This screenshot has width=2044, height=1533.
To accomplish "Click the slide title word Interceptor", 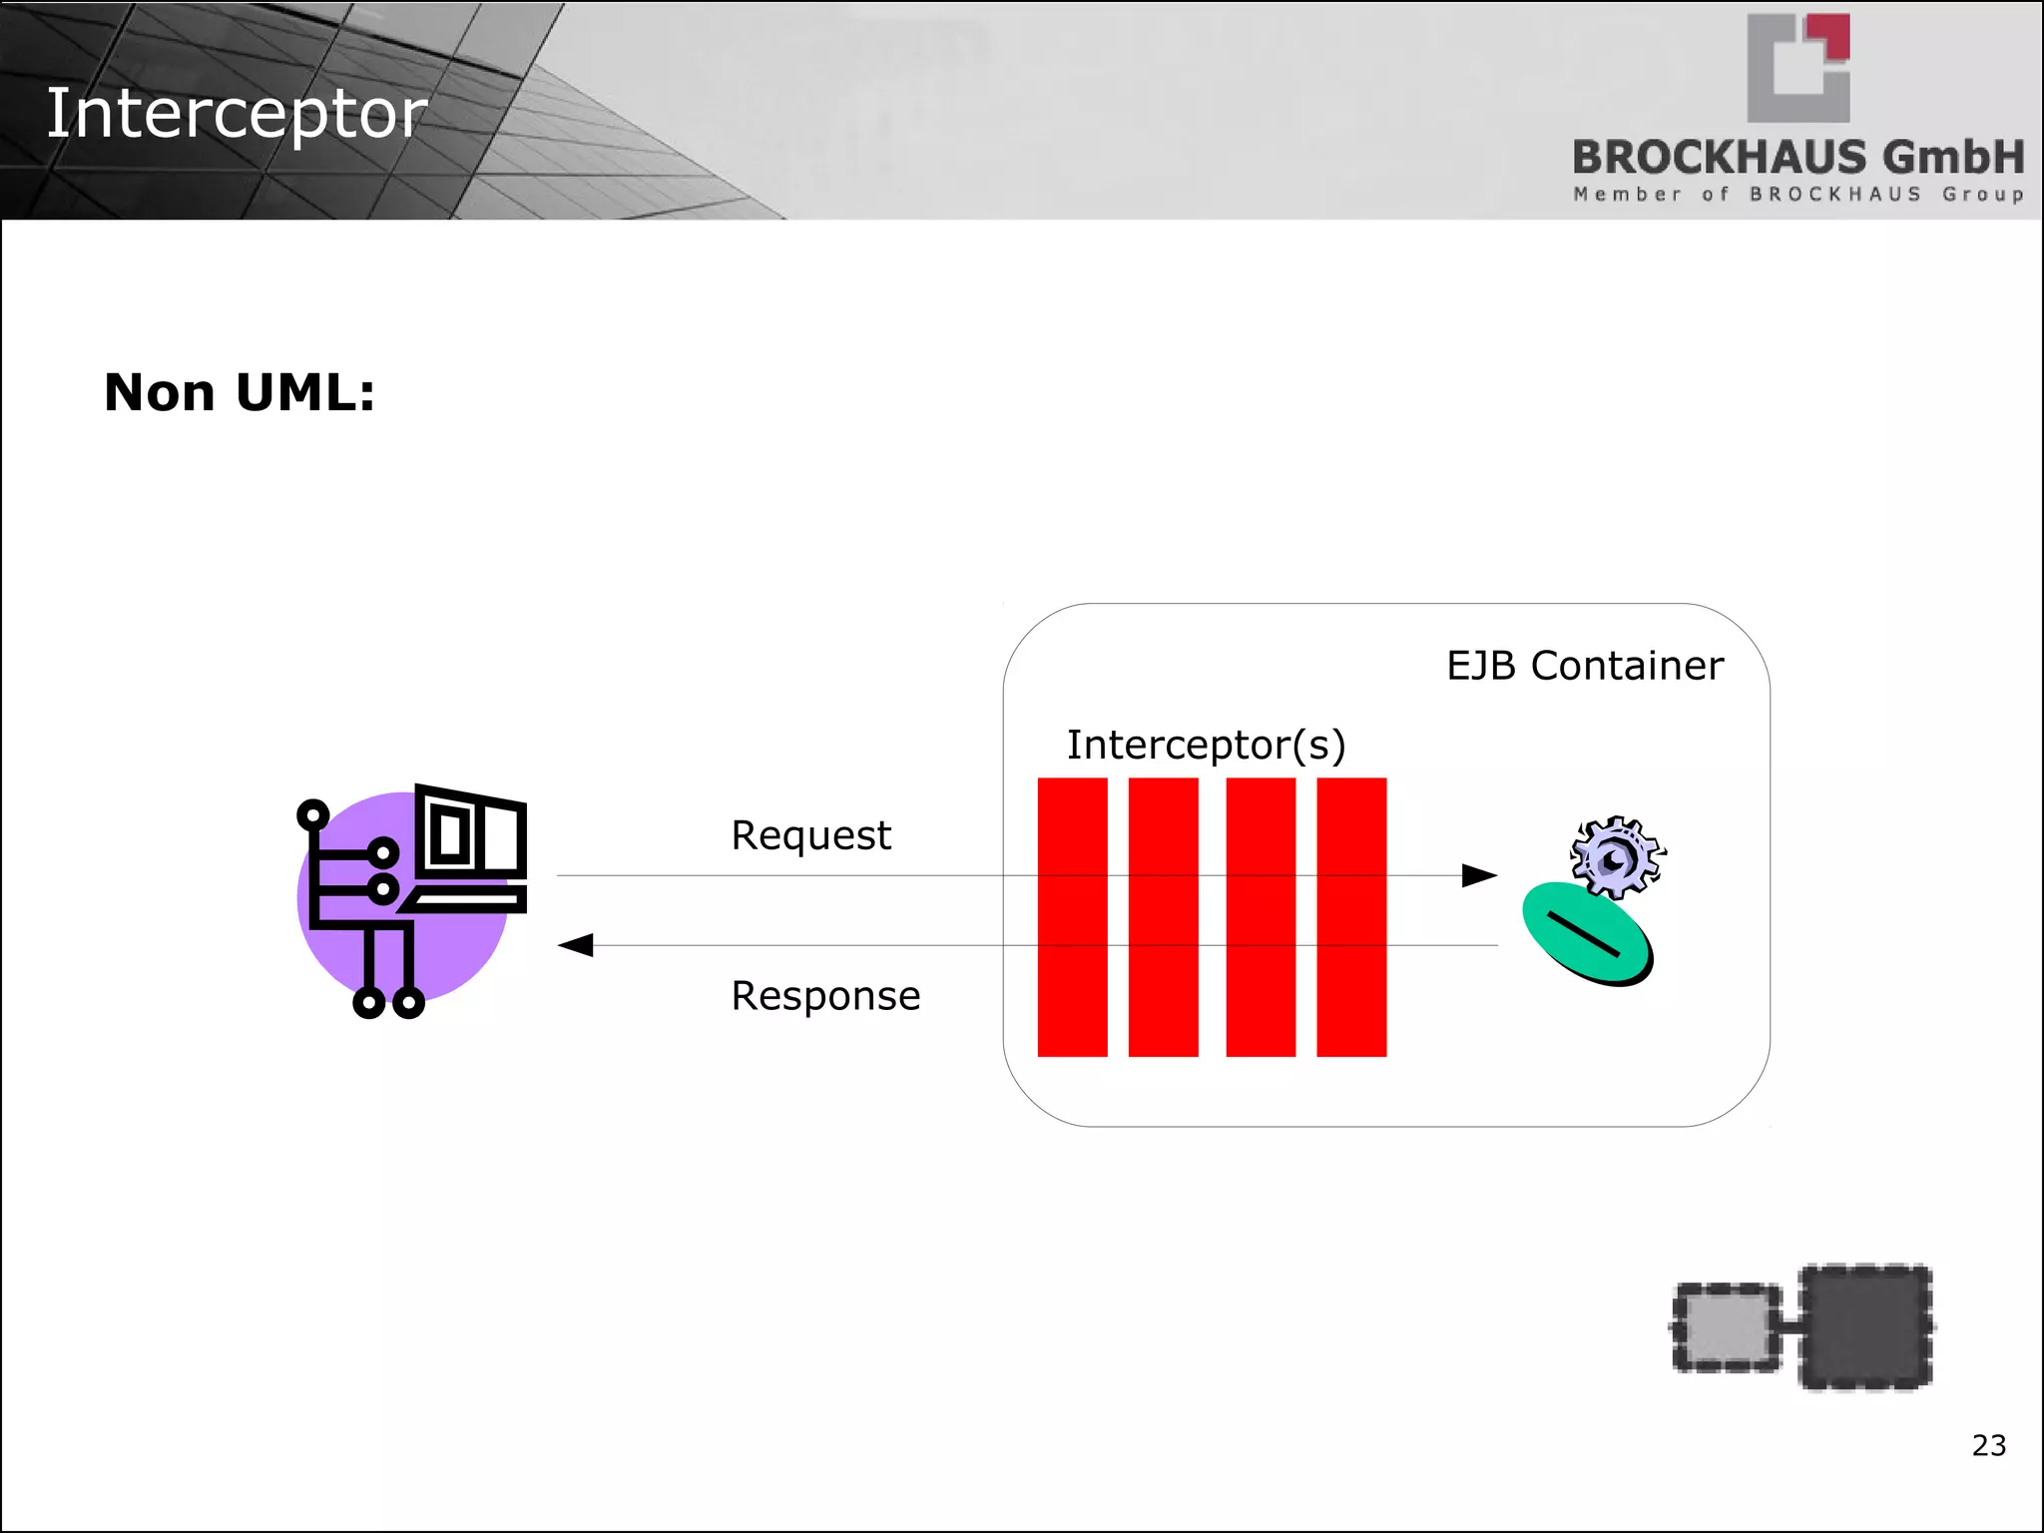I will coord(237,114).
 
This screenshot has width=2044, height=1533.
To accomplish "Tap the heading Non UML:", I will coord(240,392).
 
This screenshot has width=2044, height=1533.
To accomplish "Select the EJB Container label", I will coord(1584,666).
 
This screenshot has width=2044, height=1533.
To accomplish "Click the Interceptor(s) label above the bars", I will coord(1206,745).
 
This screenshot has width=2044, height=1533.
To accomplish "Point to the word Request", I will coord(810,835).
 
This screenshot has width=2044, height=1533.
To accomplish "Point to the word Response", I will coord(825,996).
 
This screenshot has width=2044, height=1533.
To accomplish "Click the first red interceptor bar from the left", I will coord(1072,916).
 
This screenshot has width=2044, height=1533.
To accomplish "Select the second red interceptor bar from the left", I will coord(1163,916).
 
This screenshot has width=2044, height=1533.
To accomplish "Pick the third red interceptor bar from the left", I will coord(1261,916).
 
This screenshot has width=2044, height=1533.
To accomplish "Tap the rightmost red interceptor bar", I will coord(1351,916).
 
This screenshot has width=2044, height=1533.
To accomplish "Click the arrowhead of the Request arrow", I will coord(1479,875).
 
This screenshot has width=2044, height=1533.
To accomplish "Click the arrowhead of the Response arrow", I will coord(576,945).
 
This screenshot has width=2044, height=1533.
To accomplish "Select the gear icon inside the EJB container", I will coord(1617,856).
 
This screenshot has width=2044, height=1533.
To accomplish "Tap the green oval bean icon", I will coord(1586,933).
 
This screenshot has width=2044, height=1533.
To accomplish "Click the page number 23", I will coord(1988,1445).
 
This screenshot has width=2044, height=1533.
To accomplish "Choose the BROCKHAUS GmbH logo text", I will coord(1797,159).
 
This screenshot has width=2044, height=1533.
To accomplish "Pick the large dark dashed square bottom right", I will coord(1864,1326).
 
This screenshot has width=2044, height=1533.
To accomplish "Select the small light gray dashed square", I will coord(1726,1327).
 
